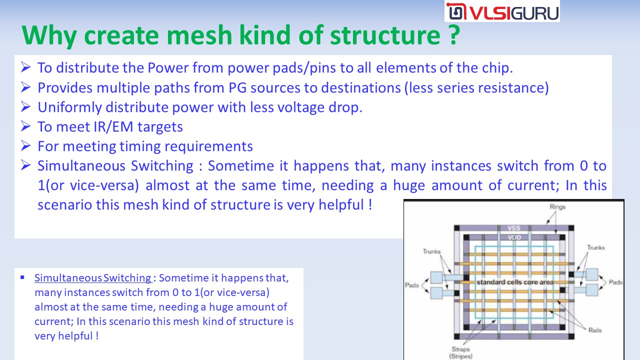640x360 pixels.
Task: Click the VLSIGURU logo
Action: point(502,11)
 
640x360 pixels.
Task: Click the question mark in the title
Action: point(453,35)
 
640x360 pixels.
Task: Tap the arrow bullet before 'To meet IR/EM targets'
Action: point(25,126)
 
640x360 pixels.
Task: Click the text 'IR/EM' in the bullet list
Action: point(113,127)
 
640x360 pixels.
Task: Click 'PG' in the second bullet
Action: point(237,87)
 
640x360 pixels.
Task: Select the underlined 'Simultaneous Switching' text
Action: point(93,277)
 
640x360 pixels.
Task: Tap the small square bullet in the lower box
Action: point(22,277)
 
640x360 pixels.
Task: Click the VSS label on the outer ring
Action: point(513,228)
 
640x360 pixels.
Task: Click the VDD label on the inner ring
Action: point(514,237)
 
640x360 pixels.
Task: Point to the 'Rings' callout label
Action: point(557,206)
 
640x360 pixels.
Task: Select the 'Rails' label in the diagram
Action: point(595,330)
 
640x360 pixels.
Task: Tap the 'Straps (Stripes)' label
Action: point(460,352)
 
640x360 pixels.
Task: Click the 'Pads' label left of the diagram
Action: point(411,285)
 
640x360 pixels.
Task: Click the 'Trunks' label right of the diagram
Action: point(595,247)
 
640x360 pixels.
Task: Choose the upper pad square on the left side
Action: point(436,277)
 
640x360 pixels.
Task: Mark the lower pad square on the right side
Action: point(592,290)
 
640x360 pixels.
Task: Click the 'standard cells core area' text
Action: point(515,282)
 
